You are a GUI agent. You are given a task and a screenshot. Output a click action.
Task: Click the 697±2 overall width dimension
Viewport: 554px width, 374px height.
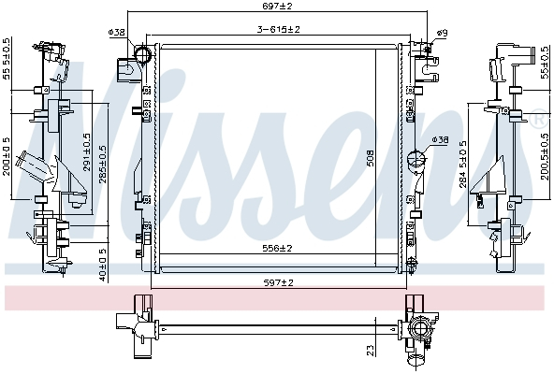[x=278, y=7]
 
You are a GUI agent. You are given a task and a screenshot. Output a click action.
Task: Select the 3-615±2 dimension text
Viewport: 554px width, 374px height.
[x=278, y=30]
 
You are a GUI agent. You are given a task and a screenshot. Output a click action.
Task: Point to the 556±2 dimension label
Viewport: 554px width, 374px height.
[x=278, y=248]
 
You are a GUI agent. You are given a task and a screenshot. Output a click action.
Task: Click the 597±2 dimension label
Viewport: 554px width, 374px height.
[x=278, y=281]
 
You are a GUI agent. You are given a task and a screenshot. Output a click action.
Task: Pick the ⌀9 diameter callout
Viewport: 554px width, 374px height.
[x=442, y=33]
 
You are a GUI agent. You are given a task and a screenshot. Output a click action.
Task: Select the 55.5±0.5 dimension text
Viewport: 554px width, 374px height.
[x=7, y=59]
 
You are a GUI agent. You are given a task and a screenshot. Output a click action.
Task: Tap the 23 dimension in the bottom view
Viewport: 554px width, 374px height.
[x=372, y=349]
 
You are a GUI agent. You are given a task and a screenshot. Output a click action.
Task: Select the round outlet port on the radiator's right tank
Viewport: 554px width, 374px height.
[x=418, y=160]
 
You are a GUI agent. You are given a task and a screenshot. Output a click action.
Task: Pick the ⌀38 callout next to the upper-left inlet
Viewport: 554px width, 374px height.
[x=117, y=33]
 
